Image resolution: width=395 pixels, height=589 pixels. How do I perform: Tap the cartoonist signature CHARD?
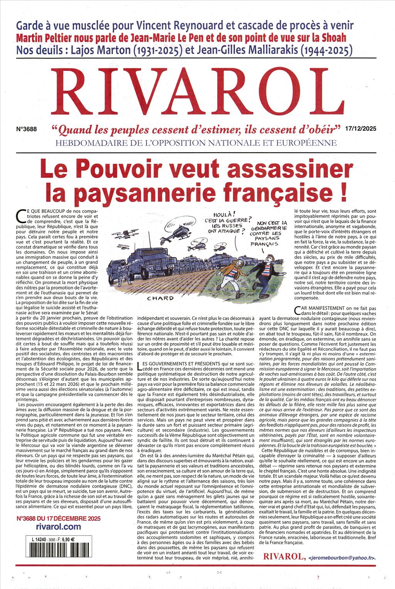click(160, 298)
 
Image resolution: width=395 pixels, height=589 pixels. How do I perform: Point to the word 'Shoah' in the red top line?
click(330, 38)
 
